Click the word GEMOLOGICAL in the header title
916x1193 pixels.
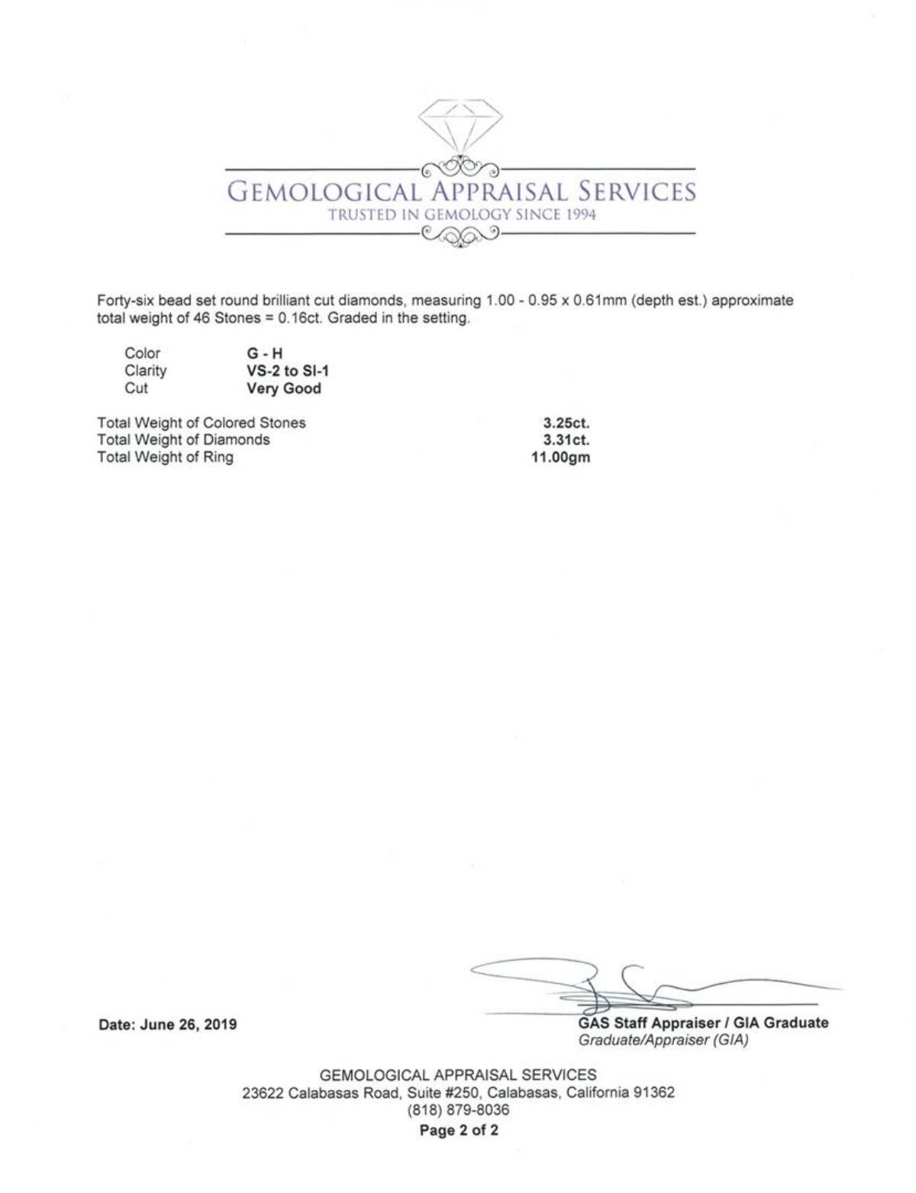324,191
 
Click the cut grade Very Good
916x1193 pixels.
283,389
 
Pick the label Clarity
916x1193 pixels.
145,371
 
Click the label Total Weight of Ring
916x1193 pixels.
165,458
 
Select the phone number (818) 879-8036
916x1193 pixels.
458,1111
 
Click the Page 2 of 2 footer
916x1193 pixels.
459,1130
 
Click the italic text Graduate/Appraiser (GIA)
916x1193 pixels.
663,1040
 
